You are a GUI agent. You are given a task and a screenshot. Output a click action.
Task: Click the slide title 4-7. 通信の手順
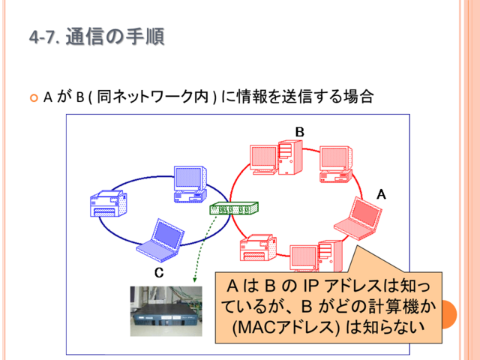(x=97, y=37)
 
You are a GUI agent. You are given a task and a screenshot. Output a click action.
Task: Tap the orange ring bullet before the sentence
(x=34, y=98)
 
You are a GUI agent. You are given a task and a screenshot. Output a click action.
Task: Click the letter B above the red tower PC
(x=300, y=132)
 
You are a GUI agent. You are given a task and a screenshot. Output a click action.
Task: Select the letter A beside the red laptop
(x=381, y=194)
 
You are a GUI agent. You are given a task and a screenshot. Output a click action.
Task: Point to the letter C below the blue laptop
(x=159, y=272)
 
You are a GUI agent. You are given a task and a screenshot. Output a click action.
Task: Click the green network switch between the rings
(x=234, y=208)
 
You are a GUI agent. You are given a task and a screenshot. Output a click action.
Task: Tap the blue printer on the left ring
(x=109, y=203)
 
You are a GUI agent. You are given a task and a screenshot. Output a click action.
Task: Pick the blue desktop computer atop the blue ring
(x=190, y=184)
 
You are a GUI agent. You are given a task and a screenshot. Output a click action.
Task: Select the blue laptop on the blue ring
(x=160, y=240)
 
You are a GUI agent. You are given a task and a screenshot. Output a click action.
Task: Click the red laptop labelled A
(x=358, y=219)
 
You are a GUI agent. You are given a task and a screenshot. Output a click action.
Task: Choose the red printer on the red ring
(x=258, y=247)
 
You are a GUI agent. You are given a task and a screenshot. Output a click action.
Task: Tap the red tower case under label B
(x=290, y=157)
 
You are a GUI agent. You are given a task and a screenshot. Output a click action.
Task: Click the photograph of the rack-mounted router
(x=166, y=311)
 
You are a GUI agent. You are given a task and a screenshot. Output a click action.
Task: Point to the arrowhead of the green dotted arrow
(x=194, y=280)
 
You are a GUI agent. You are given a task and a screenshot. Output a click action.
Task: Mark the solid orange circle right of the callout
(x=449, y=315)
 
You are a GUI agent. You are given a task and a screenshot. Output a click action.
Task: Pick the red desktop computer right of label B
(x=336, y=164)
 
